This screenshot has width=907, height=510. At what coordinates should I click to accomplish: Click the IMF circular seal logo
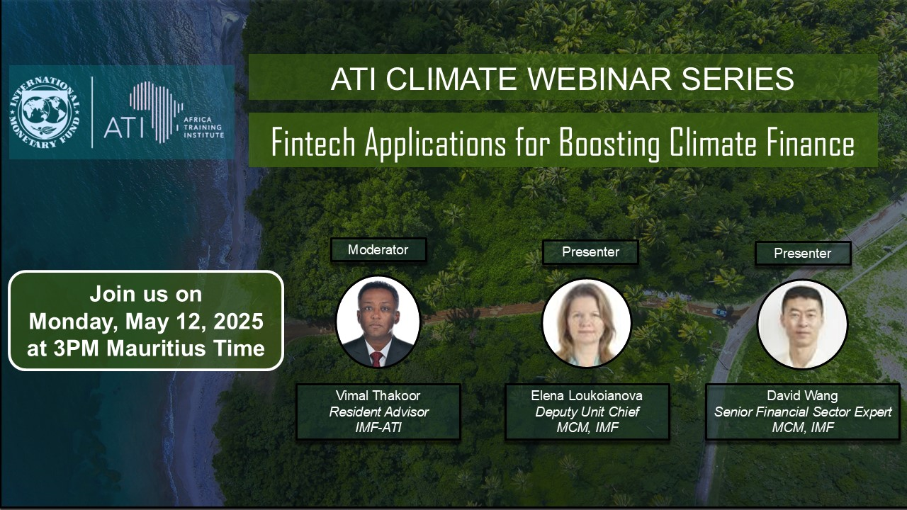[45, 112]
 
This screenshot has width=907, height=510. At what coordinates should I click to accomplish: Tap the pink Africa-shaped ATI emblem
[157, 112]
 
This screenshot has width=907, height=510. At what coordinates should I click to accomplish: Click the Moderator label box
[378, 250]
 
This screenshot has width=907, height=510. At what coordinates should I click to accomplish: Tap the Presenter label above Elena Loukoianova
[590, 251]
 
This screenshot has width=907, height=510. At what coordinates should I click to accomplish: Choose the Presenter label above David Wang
[803, 254]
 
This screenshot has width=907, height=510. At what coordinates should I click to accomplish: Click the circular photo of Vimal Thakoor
[378, 322]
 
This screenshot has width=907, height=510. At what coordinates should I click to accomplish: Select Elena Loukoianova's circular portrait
[586, 322]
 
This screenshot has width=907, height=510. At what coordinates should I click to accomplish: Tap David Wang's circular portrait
[802, 324]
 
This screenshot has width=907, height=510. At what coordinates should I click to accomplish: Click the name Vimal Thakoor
[378, 395]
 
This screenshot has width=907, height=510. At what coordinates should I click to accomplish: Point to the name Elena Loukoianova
[587, 395]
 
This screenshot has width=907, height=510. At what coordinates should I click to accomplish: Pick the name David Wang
[802, 395]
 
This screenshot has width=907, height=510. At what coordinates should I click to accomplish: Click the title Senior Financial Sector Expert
[803, 412]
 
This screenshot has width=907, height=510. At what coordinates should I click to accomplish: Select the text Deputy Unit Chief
[587, 412]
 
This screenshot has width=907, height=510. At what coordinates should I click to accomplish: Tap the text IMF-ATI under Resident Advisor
[378, 428]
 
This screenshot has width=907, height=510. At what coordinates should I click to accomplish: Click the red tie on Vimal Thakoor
[376, 358]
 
